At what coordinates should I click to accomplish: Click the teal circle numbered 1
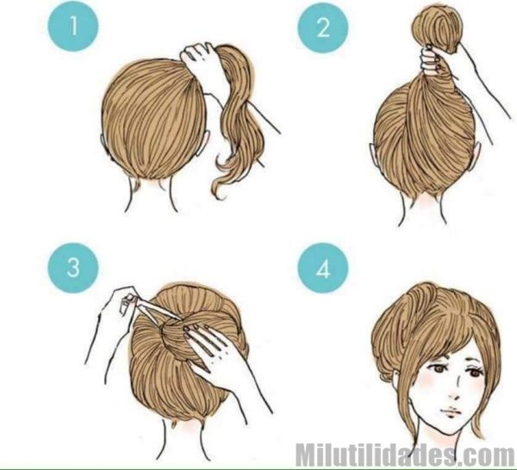(74, 27)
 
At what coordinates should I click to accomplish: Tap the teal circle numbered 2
(323, 28)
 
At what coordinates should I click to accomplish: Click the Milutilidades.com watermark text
(405, 453)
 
